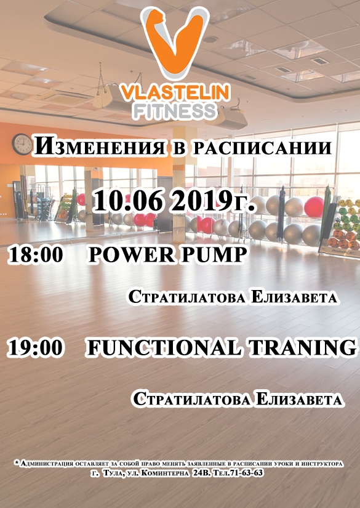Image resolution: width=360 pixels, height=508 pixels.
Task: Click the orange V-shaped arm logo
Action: click(175, 42)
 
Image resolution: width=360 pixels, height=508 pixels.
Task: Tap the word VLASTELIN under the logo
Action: click(175, 92)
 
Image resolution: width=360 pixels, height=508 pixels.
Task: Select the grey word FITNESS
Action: click(175, 111)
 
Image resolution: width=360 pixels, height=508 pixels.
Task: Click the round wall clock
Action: click(22, 144)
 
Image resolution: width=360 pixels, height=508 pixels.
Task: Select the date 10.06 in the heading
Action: click(128, 201)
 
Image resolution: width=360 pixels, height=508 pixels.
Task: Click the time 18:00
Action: click(36, 254)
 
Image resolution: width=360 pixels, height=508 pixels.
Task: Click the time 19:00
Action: click(36, 348)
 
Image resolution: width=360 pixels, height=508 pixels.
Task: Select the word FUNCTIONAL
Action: click(164, 348)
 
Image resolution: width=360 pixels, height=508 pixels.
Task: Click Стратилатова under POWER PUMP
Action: click(188, 297)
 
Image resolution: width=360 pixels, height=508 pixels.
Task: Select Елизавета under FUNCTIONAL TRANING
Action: click(298, 400)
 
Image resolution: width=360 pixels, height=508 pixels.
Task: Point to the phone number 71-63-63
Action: click(247, 473)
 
